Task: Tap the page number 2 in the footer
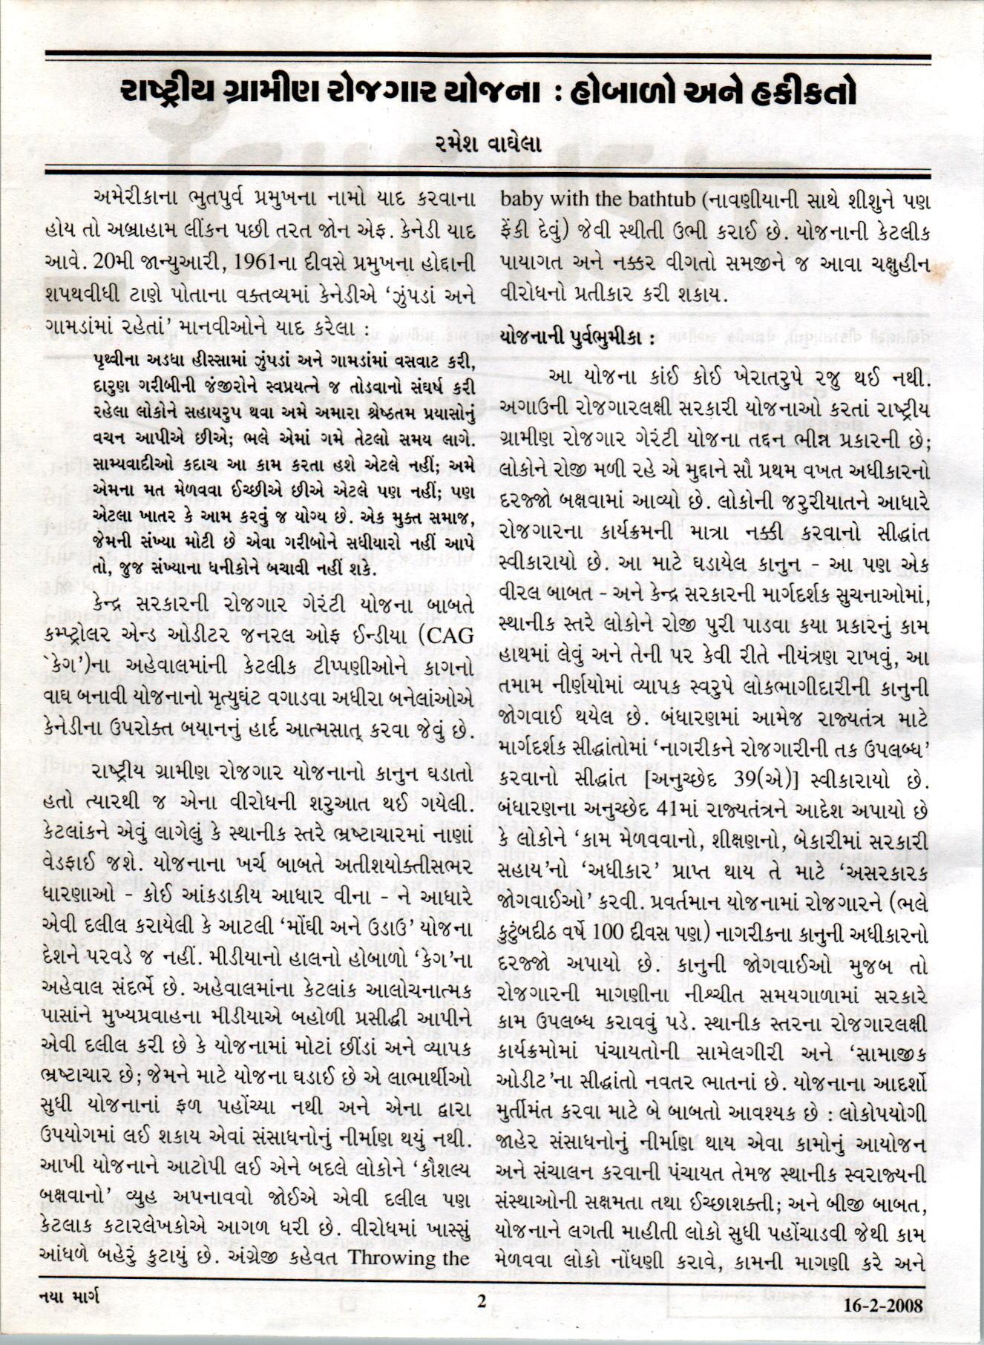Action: [482, 1301]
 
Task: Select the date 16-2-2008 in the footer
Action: [884, 1305]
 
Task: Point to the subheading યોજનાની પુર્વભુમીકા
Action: [576, 335]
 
